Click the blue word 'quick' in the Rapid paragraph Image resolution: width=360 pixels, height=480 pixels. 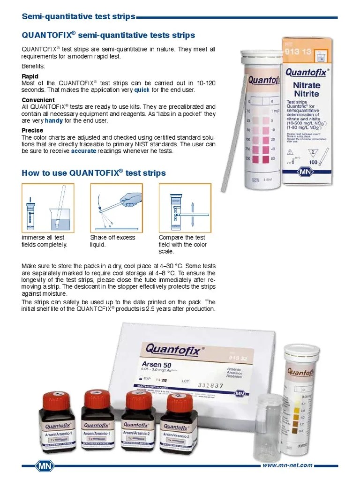tap(142, 90)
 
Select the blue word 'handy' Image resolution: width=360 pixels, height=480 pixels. tap(53, 120)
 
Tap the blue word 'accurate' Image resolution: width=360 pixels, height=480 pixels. tap(83, 151)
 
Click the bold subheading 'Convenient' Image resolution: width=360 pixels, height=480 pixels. tap(38, 100)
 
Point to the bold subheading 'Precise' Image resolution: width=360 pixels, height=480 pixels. tap(32, 130)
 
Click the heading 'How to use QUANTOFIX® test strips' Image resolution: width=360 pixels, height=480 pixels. tap(94, 173)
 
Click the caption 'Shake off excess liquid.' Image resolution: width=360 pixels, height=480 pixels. tap(112, 241)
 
